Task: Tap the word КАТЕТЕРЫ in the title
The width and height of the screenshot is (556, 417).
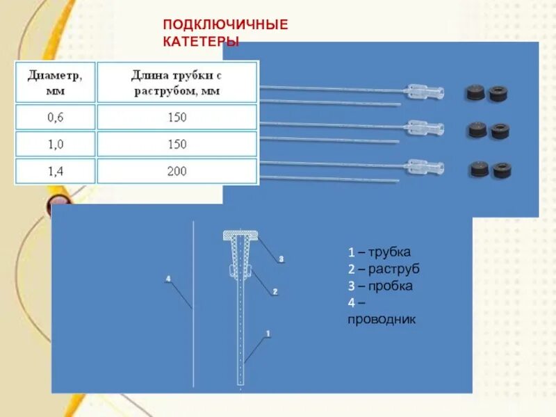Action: pos(202,42)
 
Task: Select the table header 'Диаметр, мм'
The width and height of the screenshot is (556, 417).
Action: pos(55,81)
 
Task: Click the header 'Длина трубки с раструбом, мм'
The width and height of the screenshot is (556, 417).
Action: pos(177,81)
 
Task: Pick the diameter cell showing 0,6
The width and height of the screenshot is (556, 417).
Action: pos(55,117)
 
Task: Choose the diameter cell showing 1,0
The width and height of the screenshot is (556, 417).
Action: pos(55,144)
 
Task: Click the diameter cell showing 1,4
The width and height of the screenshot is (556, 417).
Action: pos(55,170)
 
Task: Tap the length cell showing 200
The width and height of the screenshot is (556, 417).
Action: pos(177,170)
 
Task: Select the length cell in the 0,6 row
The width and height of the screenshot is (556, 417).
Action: pos(177,117)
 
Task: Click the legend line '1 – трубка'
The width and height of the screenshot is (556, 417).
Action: pos(379,252)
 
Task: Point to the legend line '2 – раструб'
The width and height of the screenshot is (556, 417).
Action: pos(384,269)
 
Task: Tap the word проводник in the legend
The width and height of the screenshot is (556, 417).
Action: pos(382,320)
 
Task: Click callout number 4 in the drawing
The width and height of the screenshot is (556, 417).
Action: pos(167,279)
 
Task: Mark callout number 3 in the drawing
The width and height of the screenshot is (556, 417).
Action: pos(281,259)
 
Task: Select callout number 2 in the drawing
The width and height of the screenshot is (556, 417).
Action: pos(275,292)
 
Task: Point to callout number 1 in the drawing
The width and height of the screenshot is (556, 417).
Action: pos(268,334)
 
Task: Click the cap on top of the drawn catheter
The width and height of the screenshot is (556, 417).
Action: pos(240,236)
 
